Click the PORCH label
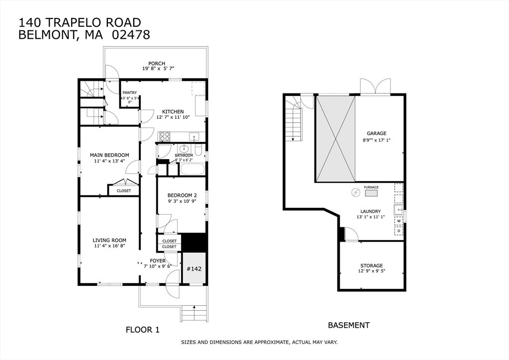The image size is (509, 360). [x=157, y=63]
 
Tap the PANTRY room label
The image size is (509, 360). [x=130, y=92]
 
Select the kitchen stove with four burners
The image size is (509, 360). [x=165, y=136]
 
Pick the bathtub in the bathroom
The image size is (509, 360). [x=192, y=170]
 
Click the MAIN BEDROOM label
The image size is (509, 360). [x=109, y=155]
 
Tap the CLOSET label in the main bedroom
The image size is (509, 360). [x=124, y=190]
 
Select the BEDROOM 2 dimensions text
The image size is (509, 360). [x=182, y=201]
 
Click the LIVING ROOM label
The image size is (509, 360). [x=109, y=240]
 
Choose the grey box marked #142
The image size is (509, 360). [x=194, y=269]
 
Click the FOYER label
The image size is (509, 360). [x=158, y=261]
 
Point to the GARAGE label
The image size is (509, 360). [x=377, y=133]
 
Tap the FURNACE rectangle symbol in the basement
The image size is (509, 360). [x=371, y=193]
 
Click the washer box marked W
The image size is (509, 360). [x=399, y=221]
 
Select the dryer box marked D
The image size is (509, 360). [x=399, y=231]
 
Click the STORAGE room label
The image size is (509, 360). [x=371, y=265]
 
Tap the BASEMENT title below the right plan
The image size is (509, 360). [x=348, y=325]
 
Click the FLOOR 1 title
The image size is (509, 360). [x=143, y=330]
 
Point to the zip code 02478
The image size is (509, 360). [x=131, y=34]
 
